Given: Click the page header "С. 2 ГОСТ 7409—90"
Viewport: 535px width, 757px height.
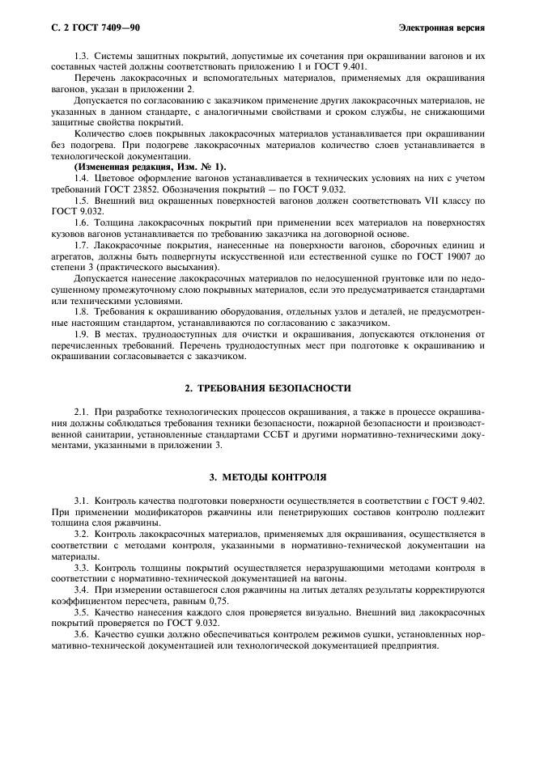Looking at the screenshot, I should point(91,28).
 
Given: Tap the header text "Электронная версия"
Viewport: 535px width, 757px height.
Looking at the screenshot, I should point(442,28).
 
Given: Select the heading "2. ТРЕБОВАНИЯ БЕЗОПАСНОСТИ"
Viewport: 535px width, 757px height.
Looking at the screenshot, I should point(268,388).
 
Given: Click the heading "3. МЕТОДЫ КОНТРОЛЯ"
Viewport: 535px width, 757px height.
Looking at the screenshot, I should point(268,477).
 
